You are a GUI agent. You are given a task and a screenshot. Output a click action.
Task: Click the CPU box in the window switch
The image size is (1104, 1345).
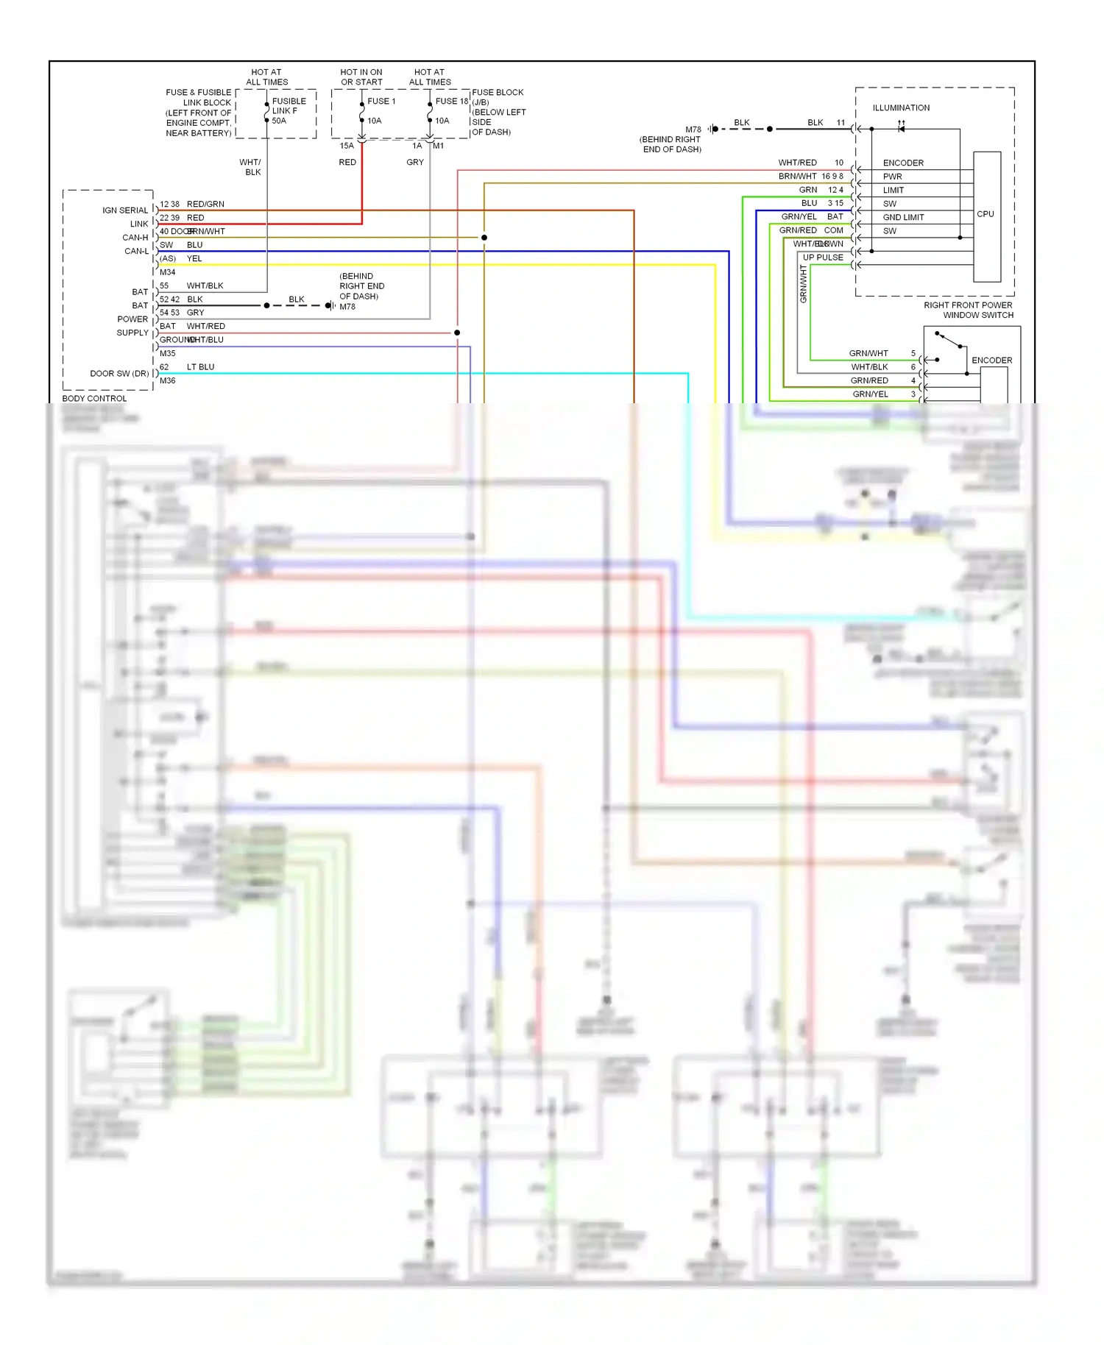click(x=986, y=215)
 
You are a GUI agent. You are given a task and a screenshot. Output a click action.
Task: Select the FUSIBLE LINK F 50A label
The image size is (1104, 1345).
click(x=289, y=111)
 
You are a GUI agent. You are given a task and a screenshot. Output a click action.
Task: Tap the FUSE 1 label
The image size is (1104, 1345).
click(x=381, y=102)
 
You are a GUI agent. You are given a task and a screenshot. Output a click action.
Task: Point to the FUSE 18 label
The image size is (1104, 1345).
click(x=451, y=102)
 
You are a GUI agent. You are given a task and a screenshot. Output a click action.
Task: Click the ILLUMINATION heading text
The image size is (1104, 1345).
click(x=901, y=108)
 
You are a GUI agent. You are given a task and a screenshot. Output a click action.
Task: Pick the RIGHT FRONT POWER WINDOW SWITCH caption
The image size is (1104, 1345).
click(x=969, y=310)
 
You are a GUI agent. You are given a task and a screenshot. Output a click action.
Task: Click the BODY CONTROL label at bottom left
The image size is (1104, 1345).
click(x=94, y=399)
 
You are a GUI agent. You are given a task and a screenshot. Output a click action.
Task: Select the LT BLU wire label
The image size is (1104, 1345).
click(x=200, y=367)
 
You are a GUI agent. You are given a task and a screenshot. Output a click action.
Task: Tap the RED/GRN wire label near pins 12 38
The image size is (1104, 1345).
click(x=205, y=205)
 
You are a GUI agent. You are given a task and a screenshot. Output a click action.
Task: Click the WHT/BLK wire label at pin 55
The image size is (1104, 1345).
click(x=205, y=286)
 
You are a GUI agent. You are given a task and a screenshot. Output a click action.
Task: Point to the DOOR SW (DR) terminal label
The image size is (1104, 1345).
click(x=119, y=374)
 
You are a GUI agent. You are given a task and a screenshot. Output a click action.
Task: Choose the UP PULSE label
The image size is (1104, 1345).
click(x=823, y=258)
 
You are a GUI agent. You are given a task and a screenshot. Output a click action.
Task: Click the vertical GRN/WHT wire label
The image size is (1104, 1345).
click(x=803, y=284)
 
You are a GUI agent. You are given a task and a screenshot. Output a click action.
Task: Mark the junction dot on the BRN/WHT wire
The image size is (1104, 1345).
click(x=484, y=238)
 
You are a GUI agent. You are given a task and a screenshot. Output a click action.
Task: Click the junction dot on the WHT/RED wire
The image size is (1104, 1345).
click(x=457, y=333)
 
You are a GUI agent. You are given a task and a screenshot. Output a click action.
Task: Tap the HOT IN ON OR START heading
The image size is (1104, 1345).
click(x=361, y=77)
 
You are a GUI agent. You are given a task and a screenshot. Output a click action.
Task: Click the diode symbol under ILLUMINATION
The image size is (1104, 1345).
click(x=901, y=129)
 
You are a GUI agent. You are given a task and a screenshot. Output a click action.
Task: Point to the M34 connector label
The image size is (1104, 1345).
click(x=168, y=272)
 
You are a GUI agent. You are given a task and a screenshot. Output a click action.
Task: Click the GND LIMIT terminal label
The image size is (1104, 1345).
click(x=903, y=218)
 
